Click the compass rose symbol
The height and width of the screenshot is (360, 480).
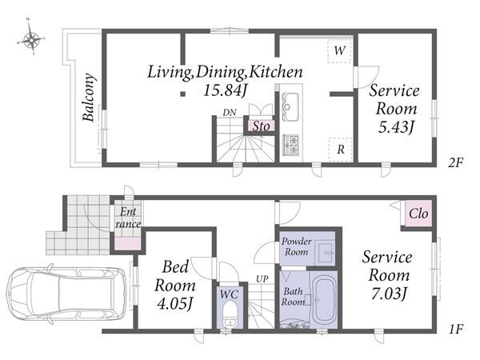point(30,39)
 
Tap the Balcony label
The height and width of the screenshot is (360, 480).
point(89,98)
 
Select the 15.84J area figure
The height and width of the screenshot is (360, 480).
point(226,90)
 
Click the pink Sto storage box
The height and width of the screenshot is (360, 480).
point(261,126)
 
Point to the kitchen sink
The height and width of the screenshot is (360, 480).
point(290,106)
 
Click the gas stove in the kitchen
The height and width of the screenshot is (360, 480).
point(291,145)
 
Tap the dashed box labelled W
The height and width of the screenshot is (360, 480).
point(339,51)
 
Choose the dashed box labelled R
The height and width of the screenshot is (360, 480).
point(340,150)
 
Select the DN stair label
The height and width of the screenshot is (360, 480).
point(230,113)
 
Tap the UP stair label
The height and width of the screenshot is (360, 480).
point(262,279)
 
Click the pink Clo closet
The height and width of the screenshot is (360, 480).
point(418,214)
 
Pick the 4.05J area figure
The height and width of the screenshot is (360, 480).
point(174,304)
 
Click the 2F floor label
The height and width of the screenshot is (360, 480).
point(456,162)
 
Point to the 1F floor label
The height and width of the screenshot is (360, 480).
point(456,329)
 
